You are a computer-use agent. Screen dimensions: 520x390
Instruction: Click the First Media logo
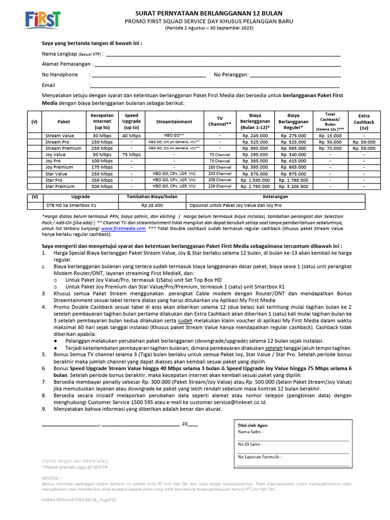click(x=42, y=20)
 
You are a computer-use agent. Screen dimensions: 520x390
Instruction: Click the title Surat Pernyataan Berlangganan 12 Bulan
click(x=209, y=13)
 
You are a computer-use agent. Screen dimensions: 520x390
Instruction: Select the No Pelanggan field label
click(x=231, y=75)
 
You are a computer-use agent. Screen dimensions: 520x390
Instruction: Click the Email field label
click(x=48, y=85)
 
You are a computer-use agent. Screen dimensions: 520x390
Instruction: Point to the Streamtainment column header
click(x=174, y=122)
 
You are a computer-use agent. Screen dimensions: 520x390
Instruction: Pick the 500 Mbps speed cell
click(x=102, y=186)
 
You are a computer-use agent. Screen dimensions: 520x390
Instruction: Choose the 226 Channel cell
click(x=220, y=186)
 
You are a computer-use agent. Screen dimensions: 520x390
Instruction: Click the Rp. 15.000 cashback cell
click(x=330, y=136)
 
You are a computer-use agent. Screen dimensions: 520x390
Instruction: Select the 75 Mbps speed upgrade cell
click(x=132, y=155)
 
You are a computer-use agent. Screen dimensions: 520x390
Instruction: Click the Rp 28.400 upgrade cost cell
click(x=152, y=206)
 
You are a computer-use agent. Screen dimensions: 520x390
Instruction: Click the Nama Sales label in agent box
click(x=250, y=432)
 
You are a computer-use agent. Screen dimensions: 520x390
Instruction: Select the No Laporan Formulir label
click(x=259, y=457)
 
